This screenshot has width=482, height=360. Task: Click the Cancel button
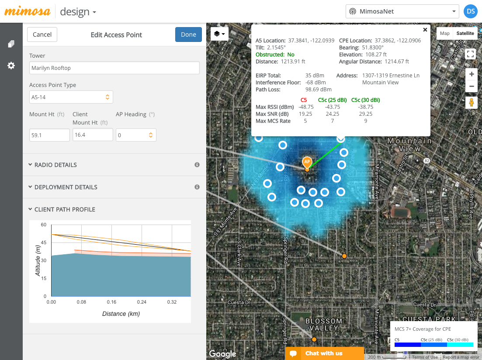click(42, 35)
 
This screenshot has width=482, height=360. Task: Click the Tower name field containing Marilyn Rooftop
click(114, 68)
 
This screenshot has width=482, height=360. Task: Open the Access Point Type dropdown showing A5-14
click(71, 97)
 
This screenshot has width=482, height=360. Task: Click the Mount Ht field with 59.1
click(49, 135)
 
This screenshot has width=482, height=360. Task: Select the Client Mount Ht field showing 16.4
click(93, 135)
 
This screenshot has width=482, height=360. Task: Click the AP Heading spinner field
click(135, 135)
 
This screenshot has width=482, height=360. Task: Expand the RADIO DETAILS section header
click(55, 165)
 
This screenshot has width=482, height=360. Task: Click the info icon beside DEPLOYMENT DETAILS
click(197, 187)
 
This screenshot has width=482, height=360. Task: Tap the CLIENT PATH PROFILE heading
click(65, 209)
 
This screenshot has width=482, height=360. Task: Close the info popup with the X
click(425, 30)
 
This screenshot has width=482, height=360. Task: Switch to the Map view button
click(444, 34)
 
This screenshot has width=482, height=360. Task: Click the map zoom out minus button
click(471, 86)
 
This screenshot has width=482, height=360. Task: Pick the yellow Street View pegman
click(471, 103)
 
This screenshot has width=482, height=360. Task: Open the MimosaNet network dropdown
click(402, 11)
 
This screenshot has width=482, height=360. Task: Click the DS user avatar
click(470, 11)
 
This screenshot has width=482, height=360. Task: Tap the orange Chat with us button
click(324, 353)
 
